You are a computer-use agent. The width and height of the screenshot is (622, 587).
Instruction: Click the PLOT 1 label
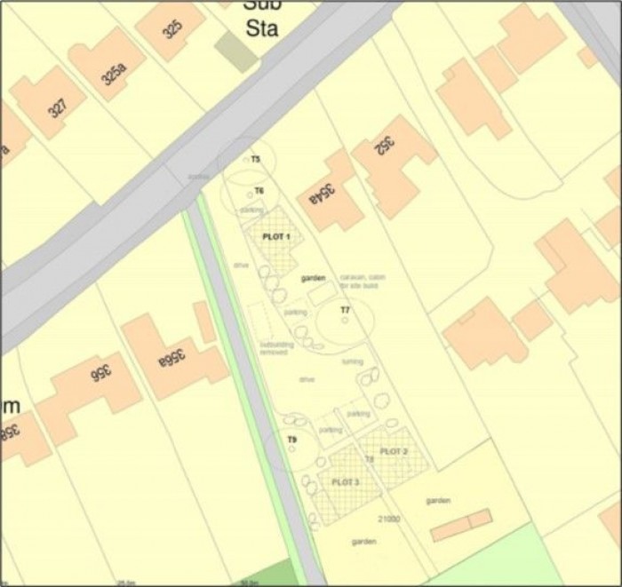pyautogui.click(x=277, y=237)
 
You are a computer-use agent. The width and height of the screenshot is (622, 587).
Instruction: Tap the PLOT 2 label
pyautogui.click(x=394, y=452)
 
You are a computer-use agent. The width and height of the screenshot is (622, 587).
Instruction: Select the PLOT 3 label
pyautogui.click(x=345, y=481)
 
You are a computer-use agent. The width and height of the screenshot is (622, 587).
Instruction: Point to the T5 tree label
pyautogui.click(x=255, y=159)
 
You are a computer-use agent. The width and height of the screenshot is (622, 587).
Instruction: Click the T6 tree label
pyautogui.click(x=259, y=191)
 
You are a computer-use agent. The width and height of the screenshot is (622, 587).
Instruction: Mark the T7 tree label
pyautogui.click(x=346, y=310)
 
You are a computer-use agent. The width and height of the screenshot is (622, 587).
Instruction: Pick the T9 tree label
pyautogui.click(x=292, y=440)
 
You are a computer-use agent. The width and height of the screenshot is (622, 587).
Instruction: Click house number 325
pyautogui.click(x=171, y=29)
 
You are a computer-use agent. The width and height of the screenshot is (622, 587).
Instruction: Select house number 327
pyautogui.click(x=56, y=108)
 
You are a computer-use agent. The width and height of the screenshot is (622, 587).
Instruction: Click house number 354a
pyautogui.click(x=321, y=194)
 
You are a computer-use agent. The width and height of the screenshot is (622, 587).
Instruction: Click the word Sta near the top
pyautogui.click(x=262, y=28)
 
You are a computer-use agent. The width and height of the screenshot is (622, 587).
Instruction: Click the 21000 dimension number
pyautogui.click(x=389, y=519)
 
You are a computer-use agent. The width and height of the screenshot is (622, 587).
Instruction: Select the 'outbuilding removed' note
pyautogui.click(x=274, y=348)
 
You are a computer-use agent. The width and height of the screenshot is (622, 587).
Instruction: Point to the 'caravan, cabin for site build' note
pyautogui.click(x=359, y=281)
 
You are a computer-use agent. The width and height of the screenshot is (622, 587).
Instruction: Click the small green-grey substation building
pyautogui.click(x=235, y=52)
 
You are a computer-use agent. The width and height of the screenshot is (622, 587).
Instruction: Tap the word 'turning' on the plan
pyautogui.click(x=352, y=361)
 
